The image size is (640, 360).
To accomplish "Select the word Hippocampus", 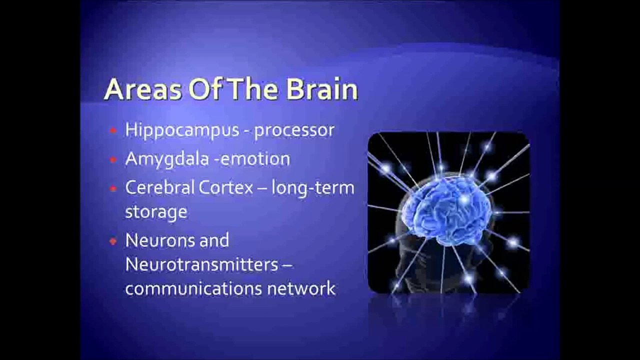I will click(x=182, y=130).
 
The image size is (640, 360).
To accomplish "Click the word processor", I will click(x=294, y=130).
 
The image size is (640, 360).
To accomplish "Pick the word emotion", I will click(x=255, y=159).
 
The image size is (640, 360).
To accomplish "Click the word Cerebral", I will click(x=159, y=187).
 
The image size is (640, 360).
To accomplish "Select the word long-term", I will click(x=313, y=188).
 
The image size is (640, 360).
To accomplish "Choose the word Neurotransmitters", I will click(x=201, y=264).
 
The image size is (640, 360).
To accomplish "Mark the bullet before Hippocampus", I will click(x=113, y=131).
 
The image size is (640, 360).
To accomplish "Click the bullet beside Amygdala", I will click(x=113, y=160).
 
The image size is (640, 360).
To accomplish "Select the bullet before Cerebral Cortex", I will click(x=113, y=188).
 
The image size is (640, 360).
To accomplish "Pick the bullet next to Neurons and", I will click(x=113, y=241).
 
